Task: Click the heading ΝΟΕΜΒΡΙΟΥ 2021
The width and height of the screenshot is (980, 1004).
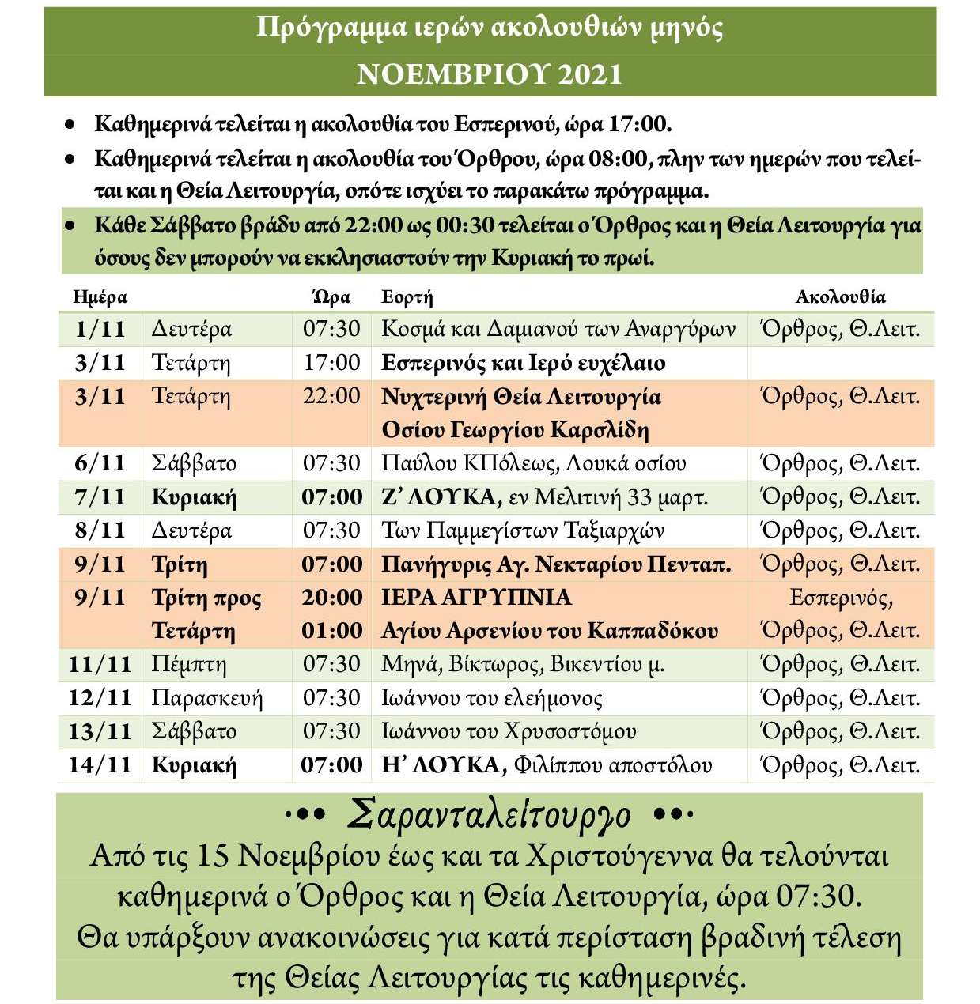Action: [x=490, y=74]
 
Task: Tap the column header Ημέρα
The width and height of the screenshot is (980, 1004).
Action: [x=100, y=297]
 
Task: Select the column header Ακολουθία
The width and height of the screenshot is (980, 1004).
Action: [x=840, y=297]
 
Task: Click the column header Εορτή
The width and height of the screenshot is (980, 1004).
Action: [x=407, y=297]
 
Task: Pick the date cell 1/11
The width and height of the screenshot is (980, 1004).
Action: [x=100, y=329]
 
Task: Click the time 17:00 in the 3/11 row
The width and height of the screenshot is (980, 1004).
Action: [x=331, y=363]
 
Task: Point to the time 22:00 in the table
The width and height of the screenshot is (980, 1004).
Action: [x=331, y=396]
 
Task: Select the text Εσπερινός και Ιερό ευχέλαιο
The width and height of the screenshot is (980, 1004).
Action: [x=523, y=363]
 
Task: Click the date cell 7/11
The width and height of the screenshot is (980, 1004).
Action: [x=100, y=497]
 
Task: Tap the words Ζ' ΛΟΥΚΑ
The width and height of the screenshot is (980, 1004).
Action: [x=441, y=497]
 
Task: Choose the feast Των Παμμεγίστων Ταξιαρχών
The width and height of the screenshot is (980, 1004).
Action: [x=523, y=530]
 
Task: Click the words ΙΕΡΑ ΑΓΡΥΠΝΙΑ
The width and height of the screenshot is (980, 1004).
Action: [x=476, y=598]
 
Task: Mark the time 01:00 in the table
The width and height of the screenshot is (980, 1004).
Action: [x=331, y=631]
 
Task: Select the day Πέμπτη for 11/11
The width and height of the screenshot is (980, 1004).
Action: [x=189, y=665]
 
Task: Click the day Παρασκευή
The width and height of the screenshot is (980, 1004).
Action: [x=206, y=699]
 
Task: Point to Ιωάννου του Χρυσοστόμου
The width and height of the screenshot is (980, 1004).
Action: [x=509, y=732]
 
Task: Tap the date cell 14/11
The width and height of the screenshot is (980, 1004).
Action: [x=100, y=765]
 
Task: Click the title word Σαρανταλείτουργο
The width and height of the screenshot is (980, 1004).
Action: [x=490, y=815]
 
